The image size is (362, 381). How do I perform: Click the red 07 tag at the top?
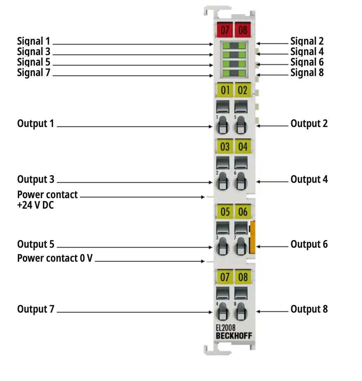(x=225, y=30)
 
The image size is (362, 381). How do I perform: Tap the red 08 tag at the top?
(x=243, y=30)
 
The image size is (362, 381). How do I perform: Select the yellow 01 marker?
(x=225, y=90)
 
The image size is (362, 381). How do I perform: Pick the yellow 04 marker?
(x=243, y=147)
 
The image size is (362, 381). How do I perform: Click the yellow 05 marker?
(x=225, y=211)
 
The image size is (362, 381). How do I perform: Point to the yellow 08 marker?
(x=243, y=277)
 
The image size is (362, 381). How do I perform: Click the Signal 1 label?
(x=34, y=41)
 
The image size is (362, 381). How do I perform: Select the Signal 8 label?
(x=307, y=73)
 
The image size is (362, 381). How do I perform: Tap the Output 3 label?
(x=36, y=179)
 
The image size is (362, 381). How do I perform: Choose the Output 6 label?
(x=309, y=244)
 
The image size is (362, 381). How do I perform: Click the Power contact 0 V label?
(x=55, y=258)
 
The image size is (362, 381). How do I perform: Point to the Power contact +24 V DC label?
(x=47, y=200)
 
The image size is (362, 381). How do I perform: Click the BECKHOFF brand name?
(x=234, y=336)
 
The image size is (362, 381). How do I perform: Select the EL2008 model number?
(x=225, y=328)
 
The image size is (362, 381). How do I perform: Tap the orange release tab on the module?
(x=253, y=237)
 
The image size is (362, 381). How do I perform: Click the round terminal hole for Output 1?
(x=222, y=127)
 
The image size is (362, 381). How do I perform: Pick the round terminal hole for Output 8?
(x=240, y=313)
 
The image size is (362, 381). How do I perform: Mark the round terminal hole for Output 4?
(x=240, y=183)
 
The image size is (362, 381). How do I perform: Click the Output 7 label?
(x=36, y=309)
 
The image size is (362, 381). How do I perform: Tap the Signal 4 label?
(x=307, y=52)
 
